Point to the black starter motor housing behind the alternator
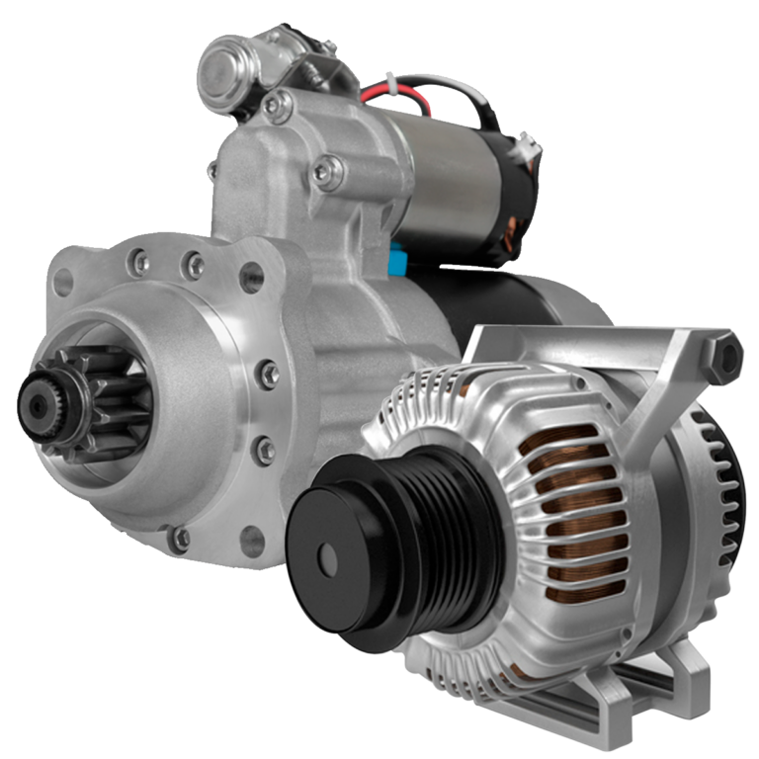coord(553,296)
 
